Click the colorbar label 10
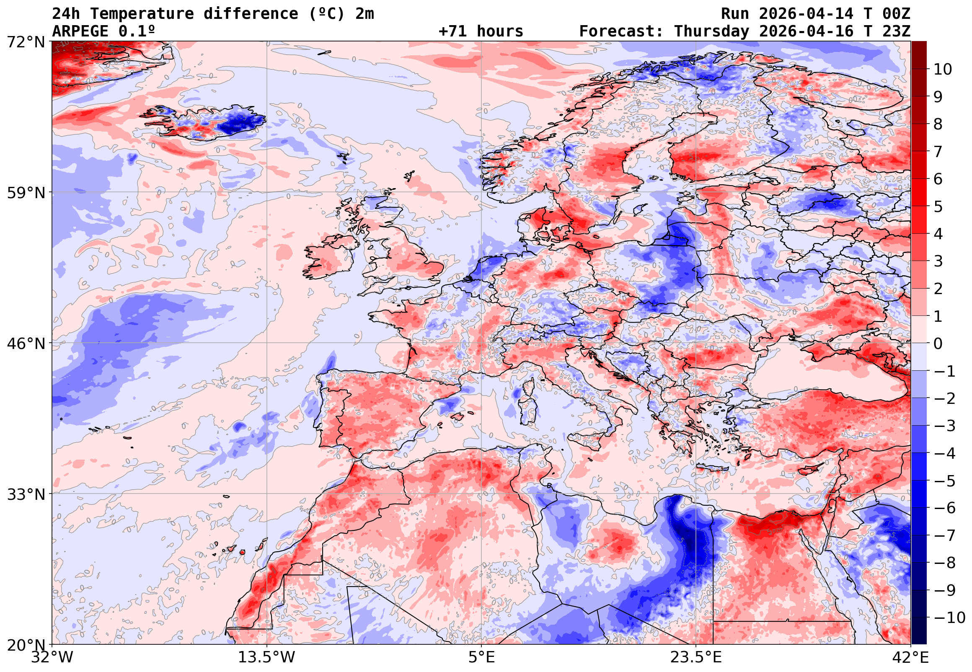pos(943,69)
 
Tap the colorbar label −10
pos(949,618)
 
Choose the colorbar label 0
pos(938,344)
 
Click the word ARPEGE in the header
pos(80,31)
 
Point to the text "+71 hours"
pos(481,31)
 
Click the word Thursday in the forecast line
pos(711,31)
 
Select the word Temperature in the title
pos(142,14)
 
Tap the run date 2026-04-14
pos(806,14)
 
